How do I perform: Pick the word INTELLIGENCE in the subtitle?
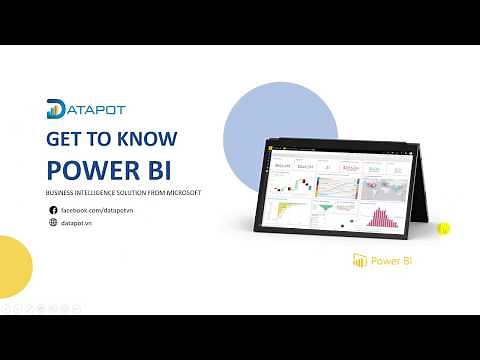click(91, 192)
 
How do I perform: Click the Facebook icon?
click(53, 210)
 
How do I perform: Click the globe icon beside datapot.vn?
click(53, 223)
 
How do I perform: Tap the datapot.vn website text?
click(77, 223)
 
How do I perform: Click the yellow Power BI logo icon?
click(360, 262)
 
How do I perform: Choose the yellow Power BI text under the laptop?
click(392, 262)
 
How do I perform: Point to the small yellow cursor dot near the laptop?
click(444, 228)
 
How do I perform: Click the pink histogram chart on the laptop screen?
click(380, 215)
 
